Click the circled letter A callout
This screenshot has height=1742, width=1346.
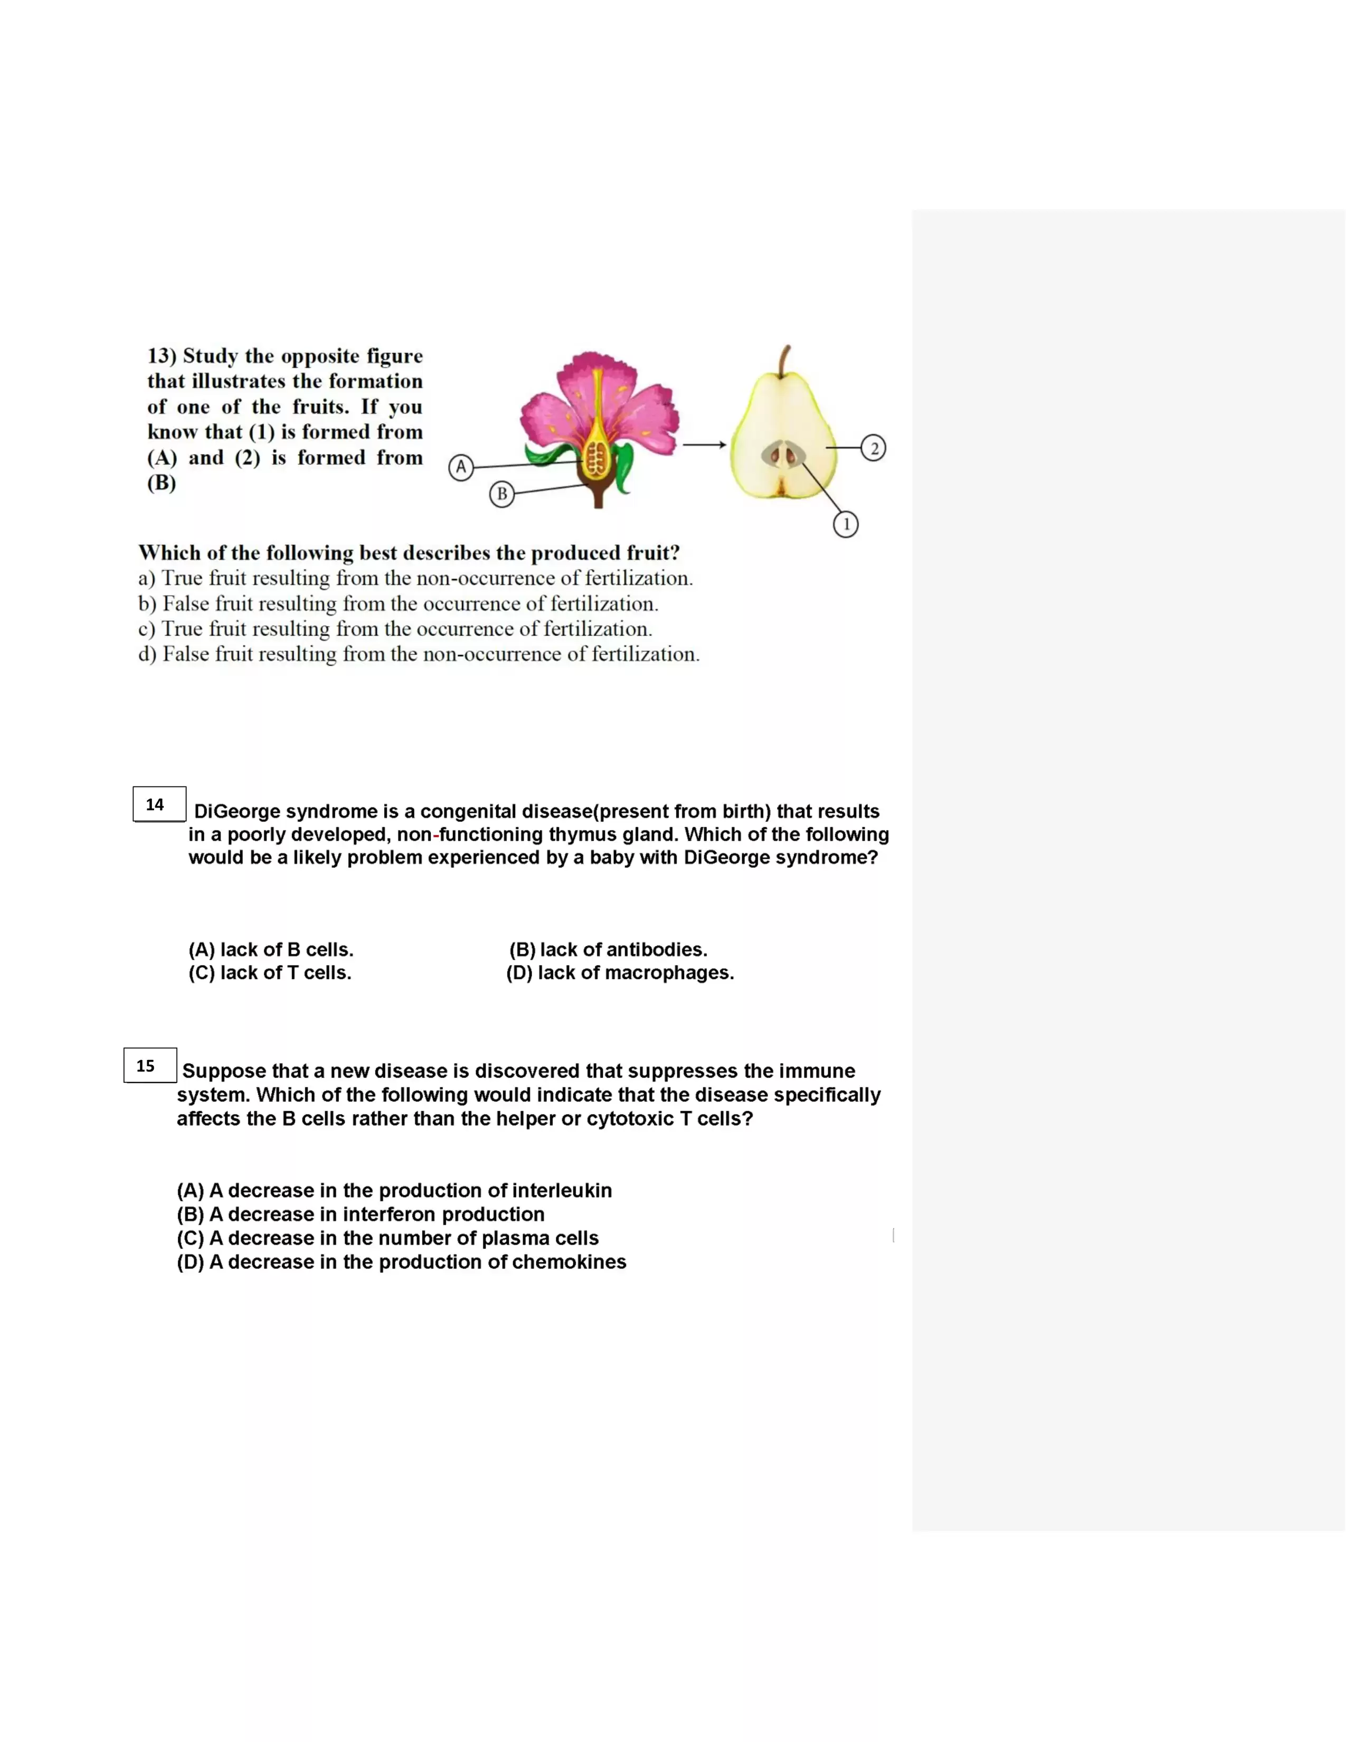461,467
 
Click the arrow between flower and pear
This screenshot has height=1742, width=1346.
704,444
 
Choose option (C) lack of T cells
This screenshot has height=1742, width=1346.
270,973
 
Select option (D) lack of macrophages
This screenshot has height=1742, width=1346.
620,973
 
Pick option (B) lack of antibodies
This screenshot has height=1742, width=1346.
608,950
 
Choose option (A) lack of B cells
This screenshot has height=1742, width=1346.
270,950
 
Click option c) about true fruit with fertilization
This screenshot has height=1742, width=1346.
395,629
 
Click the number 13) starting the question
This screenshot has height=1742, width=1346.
162,356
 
